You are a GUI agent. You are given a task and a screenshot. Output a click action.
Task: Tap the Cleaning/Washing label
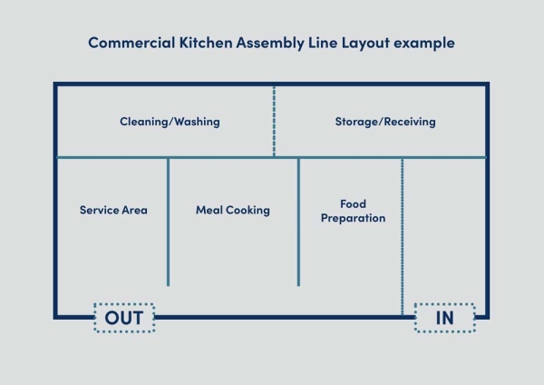coord(170,121)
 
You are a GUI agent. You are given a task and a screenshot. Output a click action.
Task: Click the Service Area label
coord(113,210)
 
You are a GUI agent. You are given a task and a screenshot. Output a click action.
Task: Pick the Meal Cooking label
coord(233,210)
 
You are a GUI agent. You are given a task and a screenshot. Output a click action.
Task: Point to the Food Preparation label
coord(353,211)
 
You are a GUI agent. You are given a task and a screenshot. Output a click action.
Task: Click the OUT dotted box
coord(124,318)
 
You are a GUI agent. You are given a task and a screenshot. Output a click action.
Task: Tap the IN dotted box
coord(444,318)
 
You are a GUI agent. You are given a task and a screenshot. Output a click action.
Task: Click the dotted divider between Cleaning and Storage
coord(274,121)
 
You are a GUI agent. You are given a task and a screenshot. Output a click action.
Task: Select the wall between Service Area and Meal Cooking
coord(168,222)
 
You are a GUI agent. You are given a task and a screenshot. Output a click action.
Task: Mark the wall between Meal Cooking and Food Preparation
coord(298,222)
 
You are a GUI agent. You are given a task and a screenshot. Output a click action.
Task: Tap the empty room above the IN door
coord(444,227)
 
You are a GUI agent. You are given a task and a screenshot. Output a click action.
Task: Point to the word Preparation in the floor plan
coord(353,218)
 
